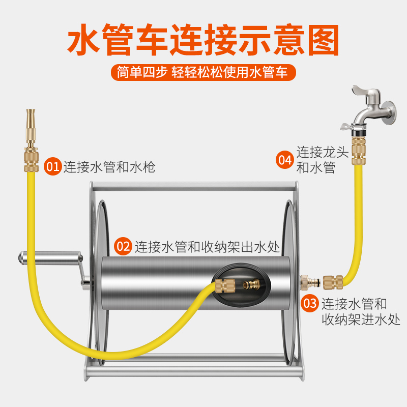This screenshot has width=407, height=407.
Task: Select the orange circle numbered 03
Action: pos(310,304)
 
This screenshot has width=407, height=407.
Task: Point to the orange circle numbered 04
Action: pos(285,159)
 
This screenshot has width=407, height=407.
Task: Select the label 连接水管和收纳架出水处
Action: pos(208,247)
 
